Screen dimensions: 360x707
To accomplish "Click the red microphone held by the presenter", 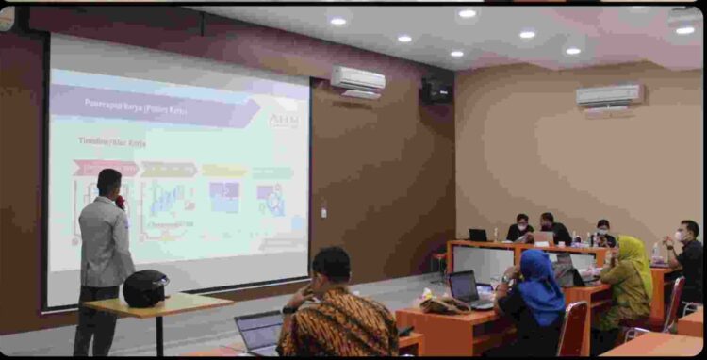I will click(x=120, y=202).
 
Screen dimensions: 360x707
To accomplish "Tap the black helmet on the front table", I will click(x=145, y=288).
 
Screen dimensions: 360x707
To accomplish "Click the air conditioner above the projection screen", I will click(x=357, y=80).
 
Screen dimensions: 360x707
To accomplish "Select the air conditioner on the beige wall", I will click(x=609, y=95).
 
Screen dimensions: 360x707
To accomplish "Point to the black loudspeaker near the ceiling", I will click(x=435, y=90).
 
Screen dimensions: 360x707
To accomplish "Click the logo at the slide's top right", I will click(x=283, y=122).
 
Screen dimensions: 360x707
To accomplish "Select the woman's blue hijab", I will click(x=541, y=284).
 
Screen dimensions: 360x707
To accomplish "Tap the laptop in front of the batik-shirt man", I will click(x=258, y=332).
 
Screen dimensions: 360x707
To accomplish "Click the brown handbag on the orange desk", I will click(x=445, y=305).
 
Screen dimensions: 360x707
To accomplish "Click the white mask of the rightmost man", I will click(x=681, y=237).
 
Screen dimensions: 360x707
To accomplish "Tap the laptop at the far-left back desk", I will click(x=479, y=235).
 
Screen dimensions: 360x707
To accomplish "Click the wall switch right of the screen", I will click(x=323, y=212).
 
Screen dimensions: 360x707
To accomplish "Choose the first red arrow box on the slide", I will click(x=104, y=169).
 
